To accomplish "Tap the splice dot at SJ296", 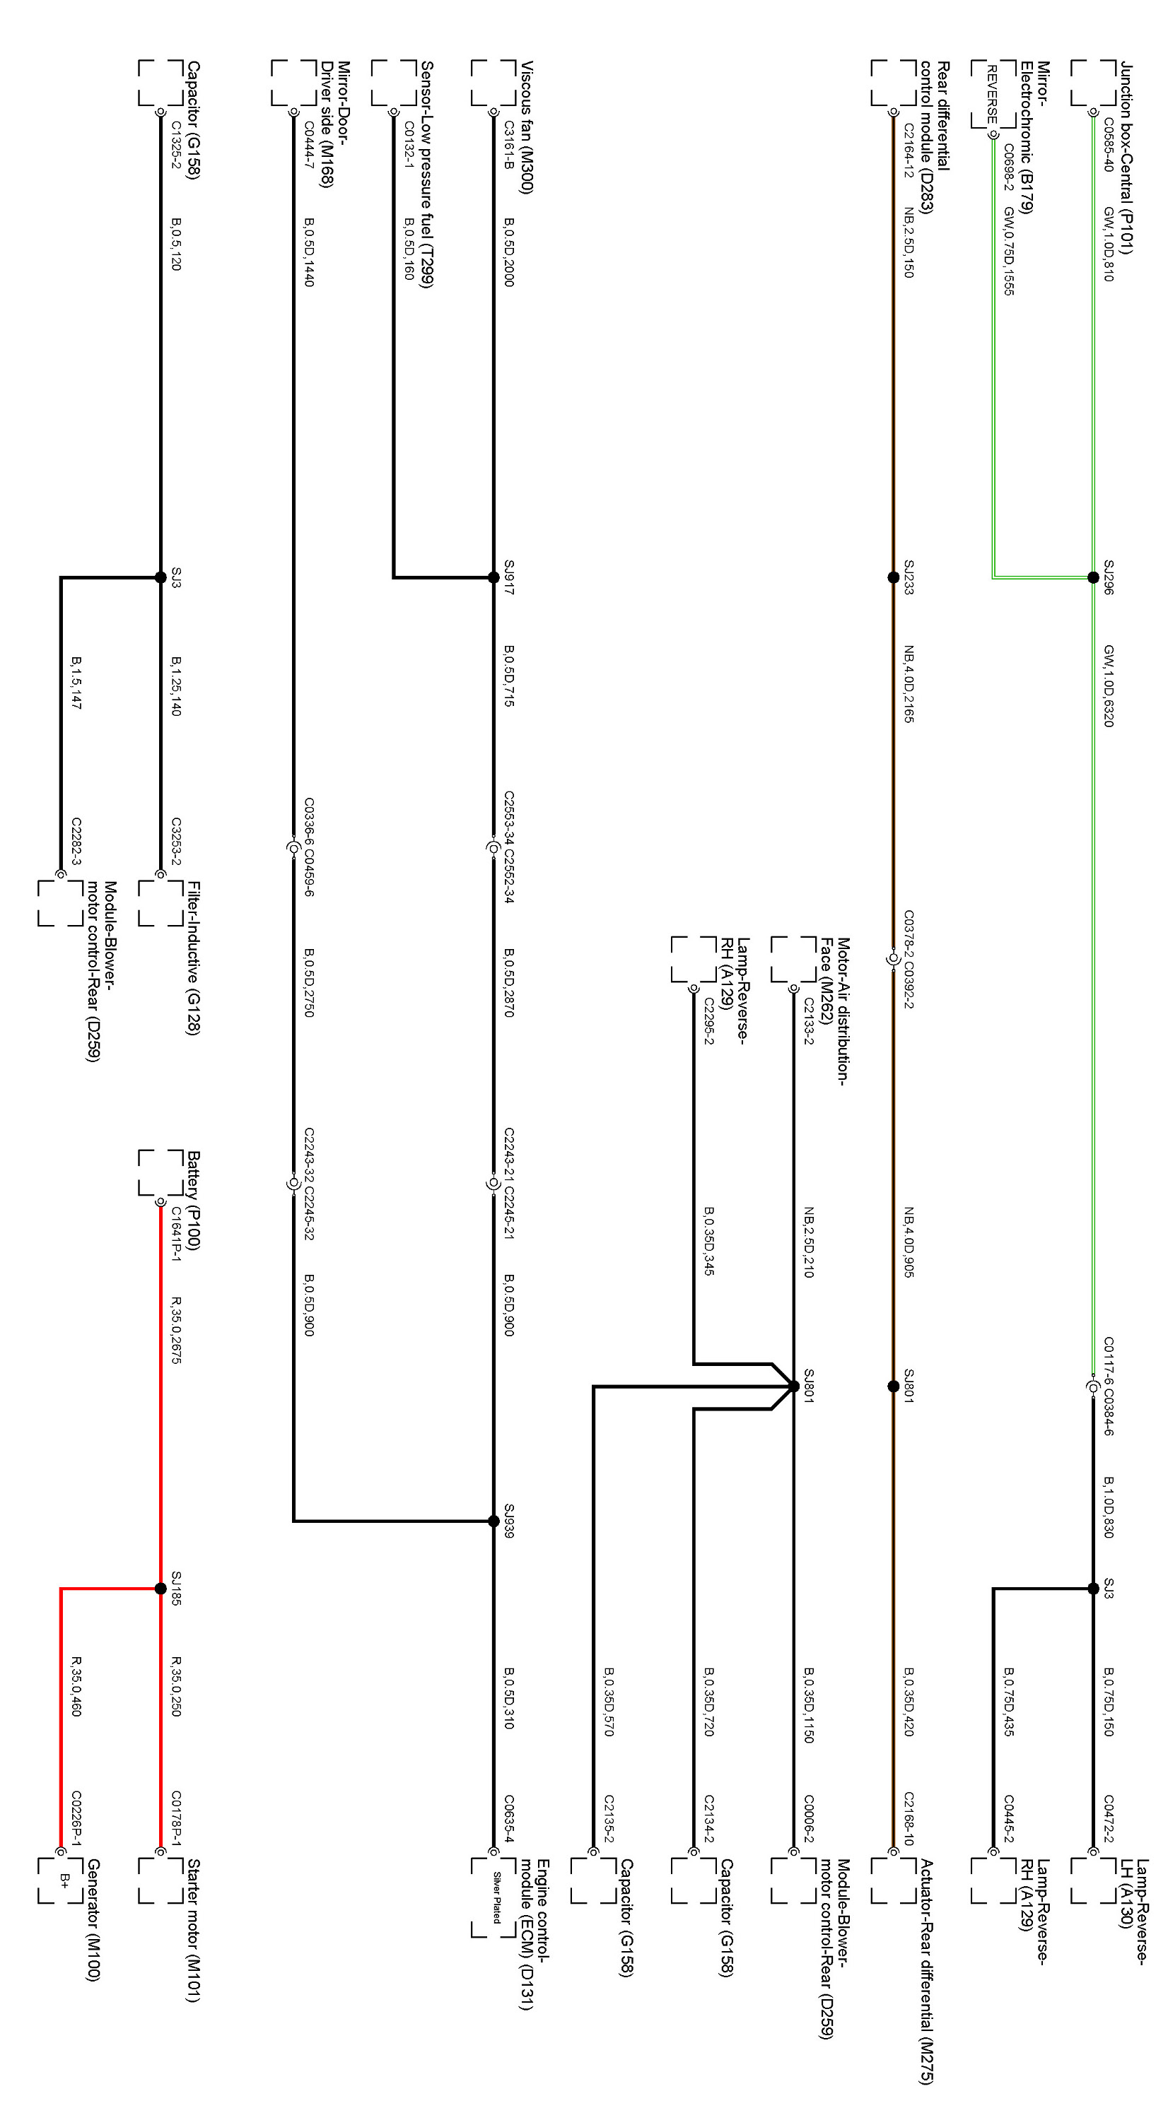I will tap(1093, 578).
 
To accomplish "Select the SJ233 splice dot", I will tap(893, 578).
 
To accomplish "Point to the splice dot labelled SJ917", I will tap(494, 578).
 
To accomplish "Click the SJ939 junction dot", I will tap(494, 1521).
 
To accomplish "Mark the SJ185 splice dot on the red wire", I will tap(160, 1589).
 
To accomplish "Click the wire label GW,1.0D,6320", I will tap(1108, 685).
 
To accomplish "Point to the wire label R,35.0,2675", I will tap(175, 1331).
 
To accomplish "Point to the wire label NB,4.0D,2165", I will tap(909, 683).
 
